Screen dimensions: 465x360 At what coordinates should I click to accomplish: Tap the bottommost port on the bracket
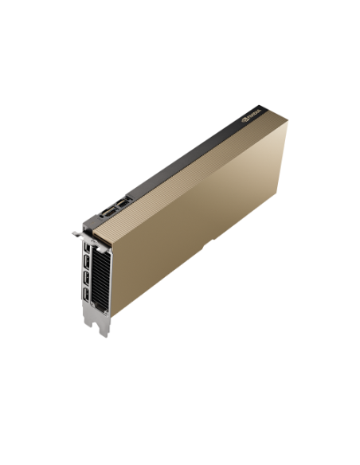pos(84,300)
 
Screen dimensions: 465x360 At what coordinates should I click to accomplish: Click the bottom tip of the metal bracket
pos(102,331)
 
